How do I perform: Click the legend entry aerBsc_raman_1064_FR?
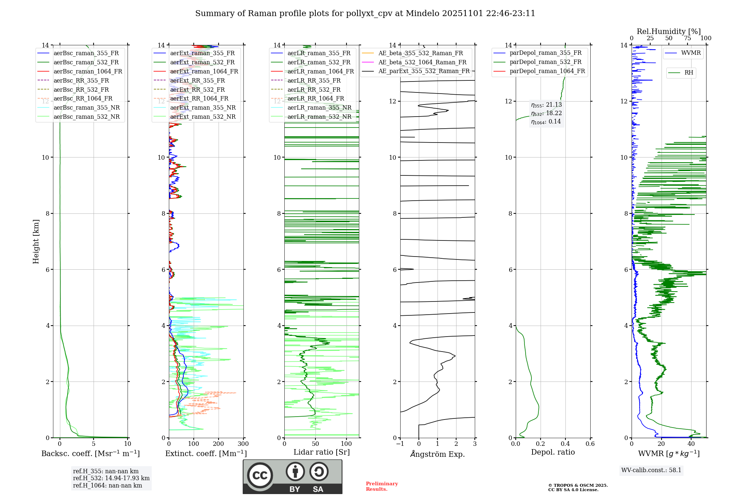88,71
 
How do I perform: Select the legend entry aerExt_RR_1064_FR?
199,98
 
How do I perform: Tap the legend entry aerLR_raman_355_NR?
319,107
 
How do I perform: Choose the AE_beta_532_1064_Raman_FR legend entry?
422,62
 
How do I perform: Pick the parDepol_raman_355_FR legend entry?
545,53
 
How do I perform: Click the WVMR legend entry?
691,53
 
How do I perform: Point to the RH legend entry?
689,73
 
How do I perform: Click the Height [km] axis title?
36,242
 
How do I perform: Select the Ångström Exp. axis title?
437,454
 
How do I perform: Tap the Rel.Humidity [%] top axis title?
668,31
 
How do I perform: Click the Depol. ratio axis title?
553,452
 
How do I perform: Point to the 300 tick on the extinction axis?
243,444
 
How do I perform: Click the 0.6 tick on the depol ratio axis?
590,444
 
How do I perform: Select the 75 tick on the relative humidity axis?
687,38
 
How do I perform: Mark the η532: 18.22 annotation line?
546,113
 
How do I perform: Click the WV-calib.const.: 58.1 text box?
651,470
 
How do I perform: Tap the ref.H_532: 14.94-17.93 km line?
111,478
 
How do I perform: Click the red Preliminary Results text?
382,486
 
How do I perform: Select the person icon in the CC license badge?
295,472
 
